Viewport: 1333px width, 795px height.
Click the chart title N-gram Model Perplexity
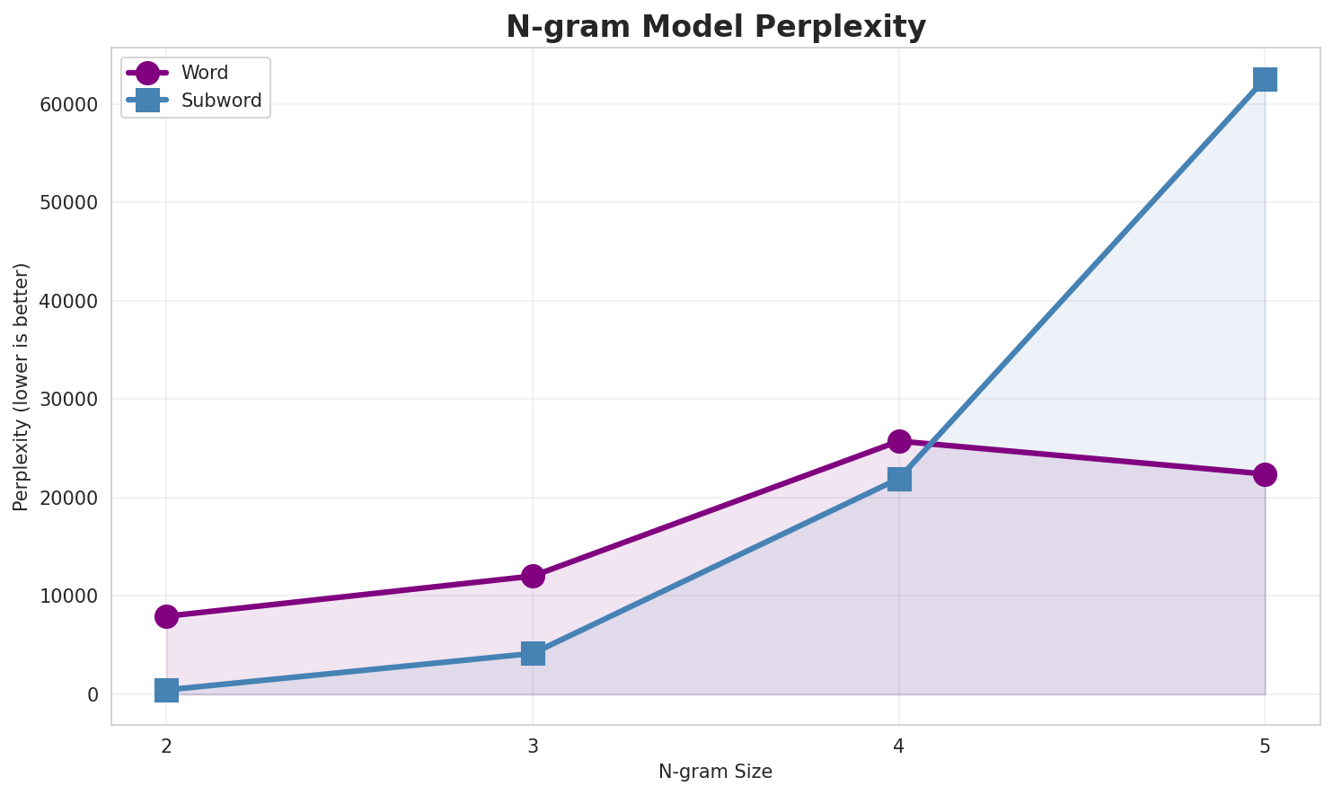click(715, 27)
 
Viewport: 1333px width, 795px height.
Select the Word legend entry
click(204, 73)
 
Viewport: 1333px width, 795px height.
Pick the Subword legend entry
click(221, 101)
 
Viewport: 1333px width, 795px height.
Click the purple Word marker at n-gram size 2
click(166, 616)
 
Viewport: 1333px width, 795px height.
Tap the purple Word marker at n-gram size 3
click(533, 576)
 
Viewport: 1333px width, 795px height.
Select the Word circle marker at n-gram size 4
click(899, 441)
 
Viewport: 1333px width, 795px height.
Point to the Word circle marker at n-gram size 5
click(1265, 474)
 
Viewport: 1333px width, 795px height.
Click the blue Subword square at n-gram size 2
click(166, 690)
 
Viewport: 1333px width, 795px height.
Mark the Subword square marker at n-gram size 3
click(533, 653)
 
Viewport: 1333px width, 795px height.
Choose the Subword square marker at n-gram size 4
click(899, 479)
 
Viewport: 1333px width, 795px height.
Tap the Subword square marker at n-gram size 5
click(1265, 79)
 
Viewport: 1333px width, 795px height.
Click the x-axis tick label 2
click(166, 746)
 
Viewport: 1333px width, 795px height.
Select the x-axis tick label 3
click(533, 746)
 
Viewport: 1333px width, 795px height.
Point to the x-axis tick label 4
click(899, 746)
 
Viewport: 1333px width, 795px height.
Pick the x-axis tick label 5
click(1265, 746)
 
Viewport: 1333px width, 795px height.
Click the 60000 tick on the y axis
click(69, 105)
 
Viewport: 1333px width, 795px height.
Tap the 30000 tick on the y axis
click(69, 400)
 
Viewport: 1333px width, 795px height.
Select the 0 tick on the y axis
click(93, 695)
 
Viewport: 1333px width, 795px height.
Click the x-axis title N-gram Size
click(715, 772)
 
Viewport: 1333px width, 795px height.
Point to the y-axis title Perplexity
click(22, 386)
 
